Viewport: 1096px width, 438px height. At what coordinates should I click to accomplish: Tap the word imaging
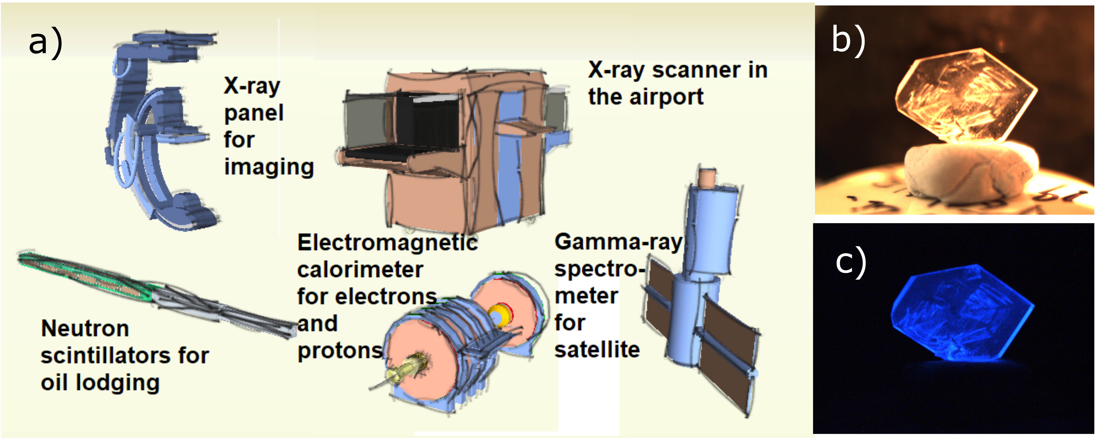click(269, 167)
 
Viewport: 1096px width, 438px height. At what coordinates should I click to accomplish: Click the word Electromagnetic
click(387, 243)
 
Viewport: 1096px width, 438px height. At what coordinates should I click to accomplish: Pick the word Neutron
click(85, 328)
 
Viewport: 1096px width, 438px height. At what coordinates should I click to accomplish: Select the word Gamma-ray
click(618, 242)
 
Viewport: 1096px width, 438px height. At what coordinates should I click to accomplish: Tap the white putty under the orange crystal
click(966, 174)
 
